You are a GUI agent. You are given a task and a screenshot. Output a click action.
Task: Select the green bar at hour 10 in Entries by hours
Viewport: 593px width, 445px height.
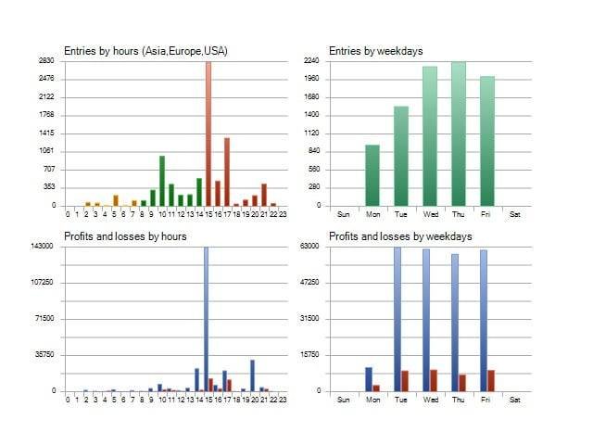point(162,181)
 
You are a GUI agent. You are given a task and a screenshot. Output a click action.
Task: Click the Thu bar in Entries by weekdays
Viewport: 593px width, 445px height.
point(458,134)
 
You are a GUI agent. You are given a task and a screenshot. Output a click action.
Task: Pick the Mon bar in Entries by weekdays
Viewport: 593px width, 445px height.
point(372,175)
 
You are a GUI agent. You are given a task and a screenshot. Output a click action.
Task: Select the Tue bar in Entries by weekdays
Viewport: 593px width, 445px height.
point(400,156)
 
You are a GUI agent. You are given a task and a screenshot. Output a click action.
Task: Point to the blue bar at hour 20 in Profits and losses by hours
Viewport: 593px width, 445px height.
point(252,375)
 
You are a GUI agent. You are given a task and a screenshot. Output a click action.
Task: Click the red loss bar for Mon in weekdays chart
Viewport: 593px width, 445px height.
point(376,388)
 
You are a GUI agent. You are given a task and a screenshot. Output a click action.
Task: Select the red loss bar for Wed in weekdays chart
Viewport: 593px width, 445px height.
point(434,380)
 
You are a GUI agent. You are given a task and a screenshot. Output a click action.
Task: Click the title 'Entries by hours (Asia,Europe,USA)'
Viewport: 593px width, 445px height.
point(145,51)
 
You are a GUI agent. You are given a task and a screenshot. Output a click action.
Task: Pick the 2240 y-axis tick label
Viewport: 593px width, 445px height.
point(311,60)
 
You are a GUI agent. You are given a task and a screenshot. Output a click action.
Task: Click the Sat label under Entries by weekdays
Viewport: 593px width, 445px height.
point(515,214)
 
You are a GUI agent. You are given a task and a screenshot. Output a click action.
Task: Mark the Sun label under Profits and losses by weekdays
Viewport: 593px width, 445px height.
point(343,400)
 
